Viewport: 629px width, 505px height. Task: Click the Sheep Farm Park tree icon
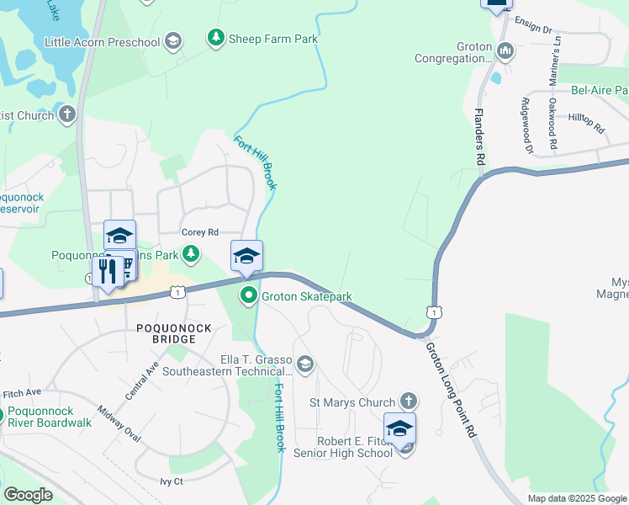(216, 38)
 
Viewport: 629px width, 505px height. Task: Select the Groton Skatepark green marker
(248, 295)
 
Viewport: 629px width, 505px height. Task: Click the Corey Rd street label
(200, 232)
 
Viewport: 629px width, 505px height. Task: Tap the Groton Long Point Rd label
(450, 388)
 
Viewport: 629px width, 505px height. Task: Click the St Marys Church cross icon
(408, 402)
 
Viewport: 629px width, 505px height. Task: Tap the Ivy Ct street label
(172, 481)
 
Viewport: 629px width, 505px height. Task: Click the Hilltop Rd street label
(586, 125)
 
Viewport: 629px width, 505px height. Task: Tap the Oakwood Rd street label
(552, 125)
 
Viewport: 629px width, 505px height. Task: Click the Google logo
(28, 495)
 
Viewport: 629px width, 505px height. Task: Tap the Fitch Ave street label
(22, 393)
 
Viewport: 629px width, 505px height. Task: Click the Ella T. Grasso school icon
(304, 364)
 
